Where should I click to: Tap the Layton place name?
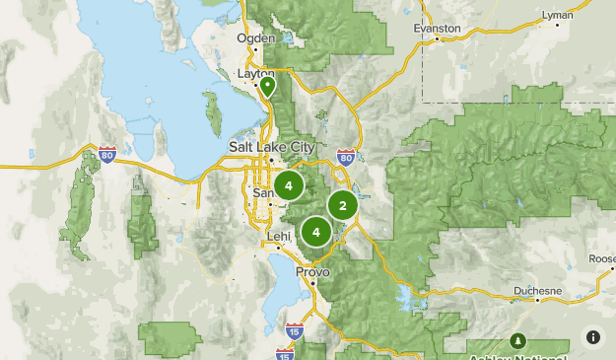pyautogui.click(x=256, y=73)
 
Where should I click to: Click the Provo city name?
pyautogui.click(x=313, y=271)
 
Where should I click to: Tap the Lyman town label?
pyautogui.click(x=557, y=16)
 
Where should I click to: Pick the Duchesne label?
pyautogui.click(x=537, y=292)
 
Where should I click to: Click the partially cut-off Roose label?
pyautogui.click(x=601, y=258)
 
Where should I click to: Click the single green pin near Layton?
pyautogui.click(x=267, y=87)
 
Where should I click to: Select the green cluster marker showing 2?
pyautogui.click(x=342, y=205)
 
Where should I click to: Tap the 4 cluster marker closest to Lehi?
pyautogui.click(x=316, y=233)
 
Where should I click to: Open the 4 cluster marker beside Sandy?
pyautogui.click(x=289, y=184)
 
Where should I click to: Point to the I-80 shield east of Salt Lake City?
pyautogui.click(x=345, y=157)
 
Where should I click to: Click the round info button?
pyautogui.click(x=592, y=337)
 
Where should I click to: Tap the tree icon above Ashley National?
pyautogui.click(x=517, y=340)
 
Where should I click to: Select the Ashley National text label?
pyautogui.click(x=517, y=356)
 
